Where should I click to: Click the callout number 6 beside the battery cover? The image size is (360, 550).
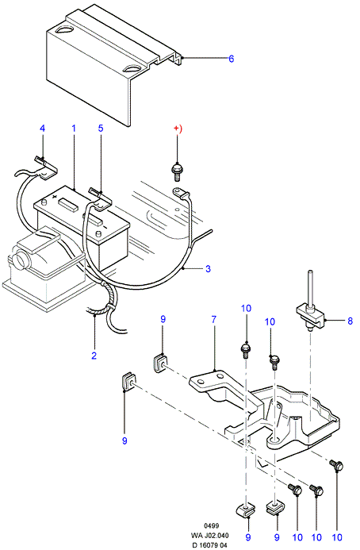pyautogui.click(x=231, y=59)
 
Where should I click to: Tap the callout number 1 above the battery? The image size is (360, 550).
pyautogui.click(x=74, y=128)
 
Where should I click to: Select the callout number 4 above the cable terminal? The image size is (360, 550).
pyautogui.click(x=42, y=128)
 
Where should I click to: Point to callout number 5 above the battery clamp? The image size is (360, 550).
pyautogui.click(x=101, y=128)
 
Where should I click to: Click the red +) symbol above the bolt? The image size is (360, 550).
pyautogui.click(x=178, y=129)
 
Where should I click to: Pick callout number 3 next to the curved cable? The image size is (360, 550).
pyautogui.click(x=209, y=269)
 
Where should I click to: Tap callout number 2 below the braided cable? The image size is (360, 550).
pyautogui.click(x=94, y=356)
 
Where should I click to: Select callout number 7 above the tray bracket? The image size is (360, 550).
pyautogui.click(x=214, y=320)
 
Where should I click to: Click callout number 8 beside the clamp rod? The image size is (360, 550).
pyautogui.click(x=350, y=321)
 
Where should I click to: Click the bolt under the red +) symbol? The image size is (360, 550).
pyautogui.click(x=176, y=172)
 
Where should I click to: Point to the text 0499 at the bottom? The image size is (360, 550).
pyautogui.click(x=212, y=526)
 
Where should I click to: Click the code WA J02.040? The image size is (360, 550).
pyautogui.click(x=209, y=536)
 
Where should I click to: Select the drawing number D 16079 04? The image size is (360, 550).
pyautogui.click(x=209, y=545)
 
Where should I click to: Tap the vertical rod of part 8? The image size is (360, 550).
pyautogui.click(x=310, y=288)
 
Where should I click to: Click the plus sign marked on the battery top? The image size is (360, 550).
pyautogui.click(x=55, y=197)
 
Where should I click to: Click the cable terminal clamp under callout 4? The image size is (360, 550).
pyautogui.click(x=46, y=167)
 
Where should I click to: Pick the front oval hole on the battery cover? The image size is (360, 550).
pyautogui.click(x=132, y=69)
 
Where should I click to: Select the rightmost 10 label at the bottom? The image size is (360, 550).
pyautogui.click(x=337, y=537)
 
